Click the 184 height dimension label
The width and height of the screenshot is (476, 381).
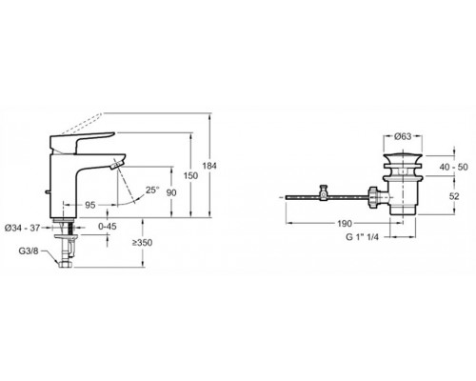pos(209,166)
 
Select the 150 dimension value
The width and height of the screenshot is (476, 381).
pos(190,175)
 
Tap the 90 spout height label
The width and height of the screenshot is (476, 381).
pos(171,192)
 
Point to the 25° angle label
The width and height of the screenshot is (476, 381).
pos(152,190)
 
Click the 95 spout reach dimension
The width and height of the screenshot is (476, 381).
pos(90,205)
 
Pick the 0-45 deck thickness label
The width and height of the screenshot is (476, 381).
pos(108,227)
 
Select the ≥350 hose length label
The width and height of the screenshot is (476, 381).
pos(142,243)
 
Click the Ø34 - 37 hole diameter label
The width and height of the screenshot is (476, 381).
pos(22,228)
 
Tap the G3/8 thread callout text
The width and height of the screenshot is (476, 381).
pos(29,251)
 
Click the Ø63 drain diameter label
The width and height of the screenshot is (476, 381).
pos(403,136)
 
